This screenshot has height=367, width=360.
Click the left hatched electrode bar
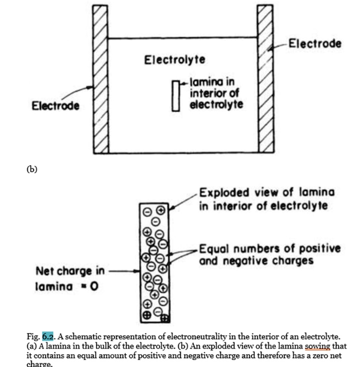pos(101,79)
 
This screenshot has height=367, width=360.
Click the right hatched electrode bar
pos(266,79)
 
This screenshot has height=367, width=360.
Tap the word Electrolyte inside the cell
pos(175,60)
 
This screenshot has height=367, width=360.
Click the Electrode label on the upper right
pos(315,43)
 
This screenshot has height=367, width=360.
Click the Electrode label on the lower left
pos(56,106)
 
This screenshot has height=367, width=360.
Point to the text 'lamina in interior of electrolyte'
pos(215,93)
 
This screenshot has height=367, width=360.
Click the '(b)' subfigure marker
pos(31,169)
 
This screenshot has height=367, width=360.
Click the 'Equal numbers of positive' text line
pos(270,248)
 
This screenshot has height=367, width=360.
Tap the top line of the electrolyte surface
pos(183,38)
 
